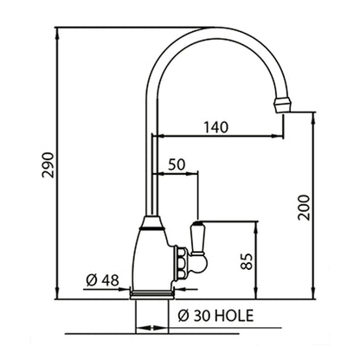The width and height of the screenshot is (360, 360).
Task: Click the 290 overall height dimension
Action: pyautogui.click(x=48, y=164)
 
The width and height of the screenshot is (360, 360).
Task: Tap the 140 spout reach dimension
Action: pyautogui.click(x=216, y=127)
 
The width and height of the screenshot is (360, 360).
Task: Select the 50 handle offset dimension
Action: pyautogui.click(x=177, y=164)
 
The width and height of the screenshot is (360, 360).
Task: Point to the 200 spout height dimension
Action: pyautogui.click(x=304, y=208)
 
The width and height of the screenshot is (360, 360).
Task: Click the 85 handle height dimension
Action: pyautogui.click(x=247, y=261)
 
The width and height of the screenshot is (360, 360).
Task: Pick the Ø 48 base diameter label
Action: pyautogui.click(x=102, y=280)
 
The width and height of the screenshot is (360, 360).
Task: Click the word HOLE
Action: pyautogui.click(x=235, y=316)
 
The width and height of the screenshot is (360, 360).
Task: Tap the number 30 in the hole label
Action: pyautogui.click(x=202, y=316)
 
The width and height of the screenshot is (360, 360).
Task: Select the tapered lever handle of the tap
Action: pyautogui.click(x=196, y=238)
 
